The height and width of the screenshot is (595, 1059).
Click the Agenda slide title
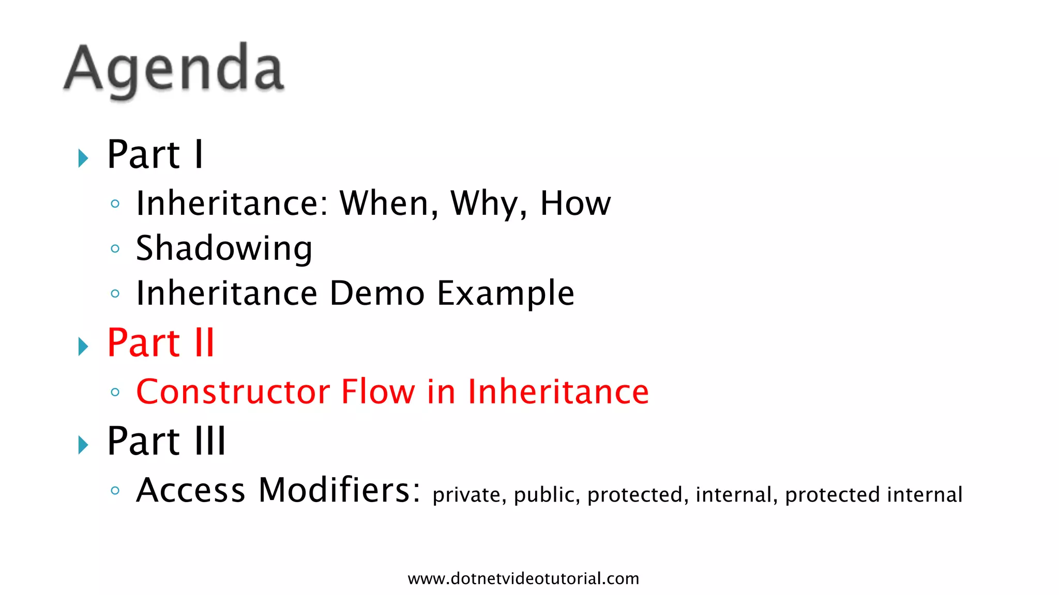click(174, 69)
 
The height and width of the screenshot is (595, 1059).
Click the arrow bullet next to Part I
click(83, 158)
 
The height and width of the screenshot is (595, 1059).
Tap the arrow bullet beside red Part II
click(83, 346)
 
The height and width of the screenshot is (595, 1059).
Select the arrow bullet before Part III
click(83, 445)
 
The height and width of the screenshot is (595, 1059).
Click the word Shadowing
click(224, 248)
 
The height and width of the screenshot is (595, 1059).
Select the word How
click(575, 203)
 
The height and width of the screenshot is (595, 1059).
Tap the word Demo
click(377, 293)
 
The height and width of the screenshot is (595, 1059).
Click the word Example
click(505, 293)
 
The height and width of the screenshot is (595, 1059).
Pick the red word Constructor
click(232, 392)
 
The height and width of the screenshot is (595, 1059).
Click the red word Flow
click(378, 392)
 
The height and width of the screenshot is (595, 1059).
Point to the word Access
click(190, 490)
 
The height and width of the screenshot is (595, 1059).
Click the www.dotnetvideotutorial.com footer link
click(523, 578)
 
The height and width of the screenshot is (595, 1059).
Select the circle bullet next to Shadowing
click(115, 249)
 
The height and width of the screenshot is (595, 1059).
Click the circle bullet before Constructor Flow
click(115, 392)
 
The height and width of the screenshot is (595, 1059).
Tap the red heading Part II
click(160, 343)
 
